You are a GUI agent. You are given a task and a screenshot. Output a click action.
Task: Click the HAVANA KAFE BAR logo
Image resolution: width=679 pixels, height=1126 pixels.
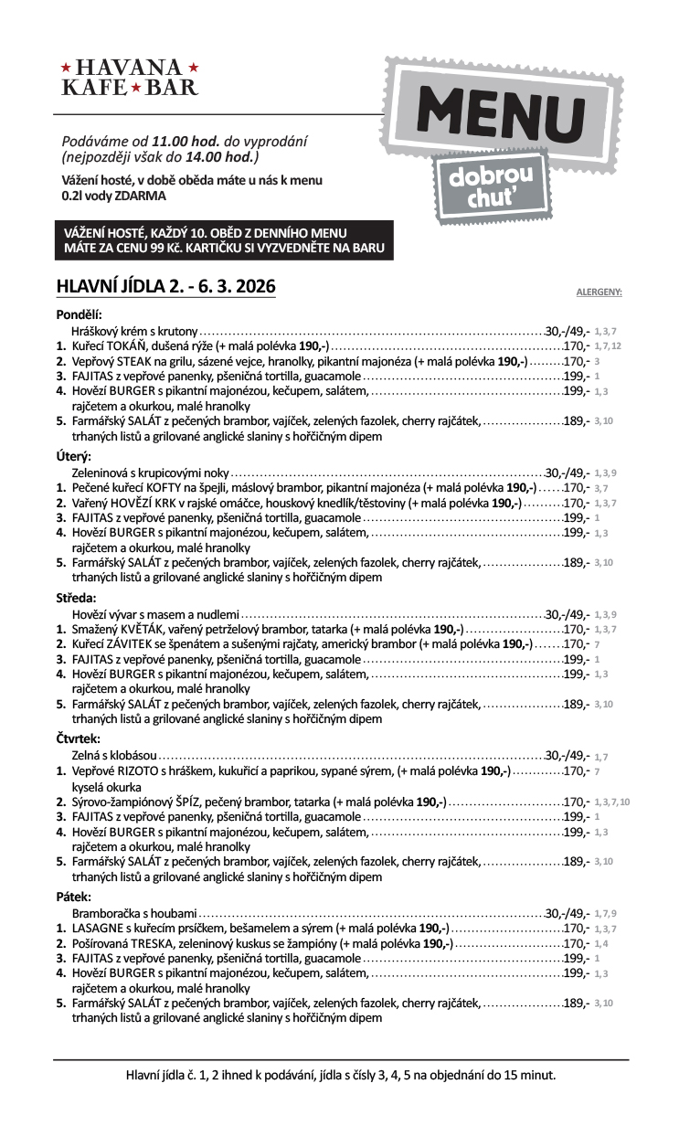click(x=129, y=78)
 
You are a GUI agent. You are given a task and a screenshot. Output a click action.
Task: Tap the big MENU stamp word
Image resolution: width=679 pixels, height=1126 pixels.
click(x=501, y=115)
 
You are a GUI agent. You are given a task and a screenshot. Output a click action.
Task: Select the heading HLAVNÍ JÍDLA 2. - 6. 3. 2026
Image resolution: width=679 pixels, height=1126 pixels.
click(x=165, y=286)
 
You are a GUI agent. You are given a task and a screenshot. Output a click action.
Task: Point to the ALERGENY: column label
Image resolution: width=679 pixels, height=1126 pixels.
click(x=599, y=292)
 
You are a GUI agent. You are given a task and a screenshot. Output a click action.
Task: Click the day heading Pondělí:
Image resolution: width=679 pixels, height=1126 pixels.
click(x=80, y=314)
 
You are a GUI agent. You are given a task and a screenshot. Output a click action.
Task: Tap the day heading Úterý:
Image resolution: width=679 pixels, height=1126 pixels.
click(x=74, y=456)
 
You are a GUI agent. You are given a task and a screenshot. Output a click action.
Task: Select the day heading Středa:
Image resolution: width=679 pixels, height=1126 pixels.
click(x=77, y=598)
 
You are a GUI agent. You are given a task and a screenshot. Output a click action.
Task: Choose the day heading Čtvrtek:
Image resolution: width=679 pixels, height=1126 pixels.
click(x=79, y=738)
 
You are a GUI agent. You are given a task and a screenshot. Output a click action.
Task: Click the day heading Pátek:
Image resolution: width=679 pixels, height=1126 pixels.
click(x=74, y=897)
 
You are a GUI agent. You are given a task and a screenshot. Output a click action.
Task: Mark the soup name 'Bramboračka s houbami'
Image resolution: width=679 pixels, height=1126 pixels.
click(x=134, y=913)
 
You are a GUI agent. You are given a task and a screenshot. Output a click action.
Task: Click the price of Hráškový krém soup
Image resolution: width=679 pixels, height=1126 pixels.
click(x=568, y=332)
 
